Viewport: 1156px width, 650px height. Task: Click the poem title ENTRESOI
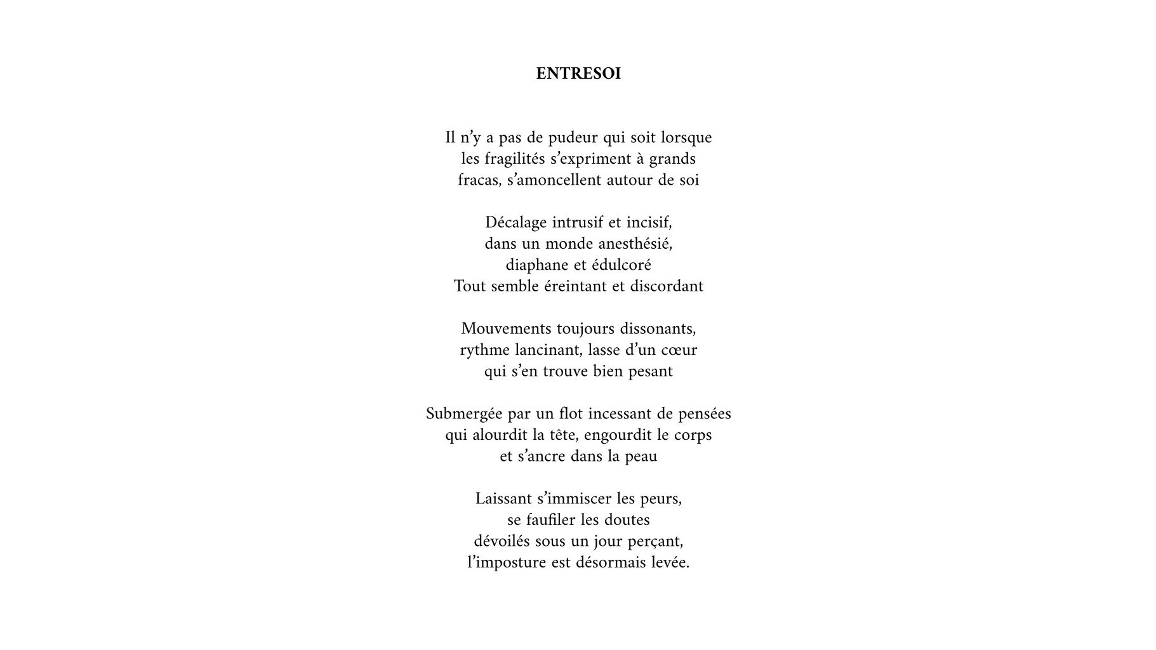pos(578,74)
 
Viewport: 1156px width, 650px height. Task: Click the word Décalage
pos(515,223)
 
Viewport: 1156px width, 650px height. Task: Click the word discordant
pos(667,286)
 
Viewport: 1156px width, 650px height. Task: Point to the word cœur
pos(680,350)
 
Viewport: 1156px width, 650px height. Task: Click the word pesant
pos(650,371)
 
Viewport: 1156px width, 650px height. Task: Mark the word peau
pos(641,456)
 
